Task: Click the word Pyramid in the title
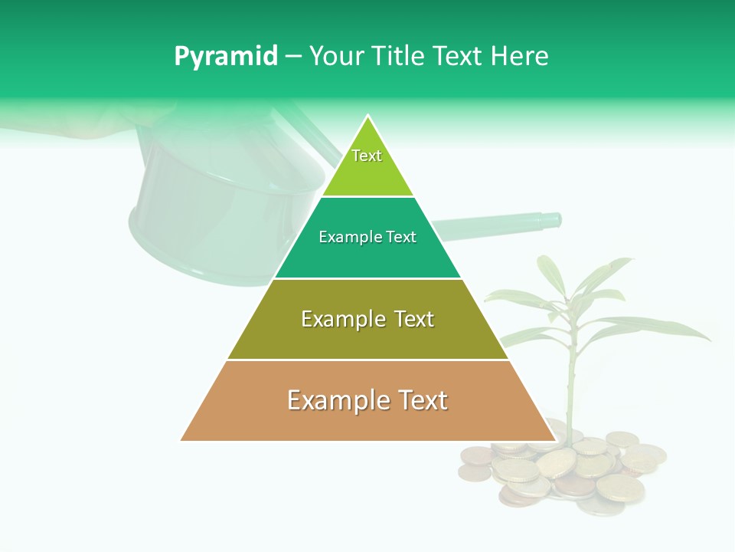pyautogui.click(x=225, y=57)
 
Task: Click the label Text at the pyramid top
pyautogui.click(x=367, y=156)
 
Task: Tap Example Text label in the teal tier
pyautogui.click(x=367, y=237)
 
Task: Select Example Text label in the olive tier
pyautogui.click(x=367, y=319)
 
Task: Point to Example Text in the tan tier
pyautogui.click(x=367, y=400)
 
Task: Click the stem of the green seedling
pyautogui.click(x=570, y=383)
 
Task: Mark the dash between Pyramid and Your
pyautogui.click(x=292, y=57)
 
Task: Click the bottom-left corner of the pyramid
pyautogui.click(x=181, y=440)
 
